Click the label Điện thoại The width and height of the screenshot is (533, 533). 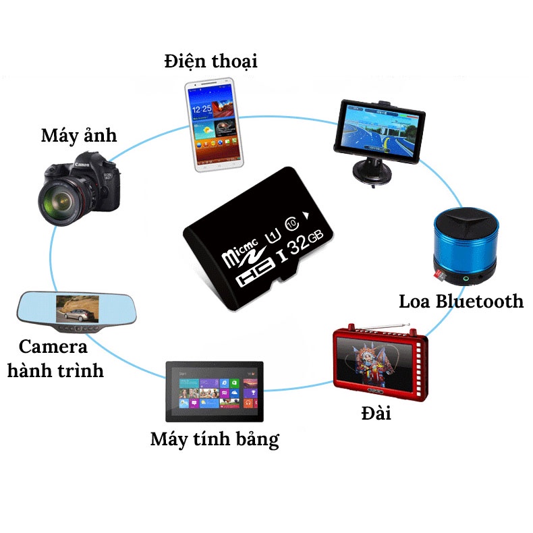tap(211, 62)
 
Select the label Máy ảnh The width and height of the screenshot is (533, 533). tap(78, 135)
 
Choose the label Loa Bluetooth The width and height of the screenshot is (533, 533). tap(461, 301)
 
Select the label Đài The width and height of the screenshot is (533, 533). tap(376, 412)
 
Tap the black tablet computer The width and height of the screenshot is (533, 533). tap(215, 391)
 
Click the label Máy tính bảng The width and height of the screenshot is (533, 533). tap(215, 440)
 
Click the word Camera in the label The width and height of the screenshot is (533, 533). tap(53, 347)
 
